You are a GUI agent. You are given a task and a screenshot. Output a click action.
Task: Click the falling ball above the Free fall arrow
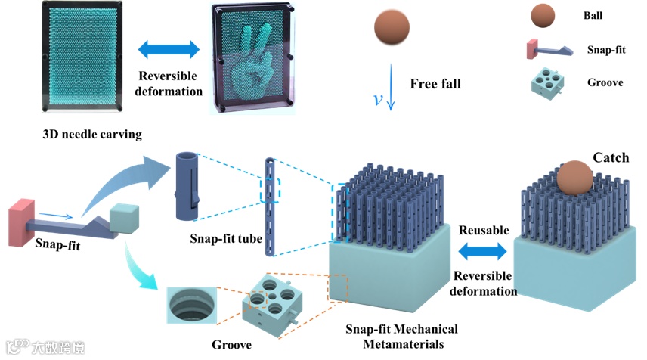pos(392,29)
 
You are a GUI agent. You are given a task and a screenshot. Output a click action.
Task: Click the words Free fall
pos(435,83)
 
